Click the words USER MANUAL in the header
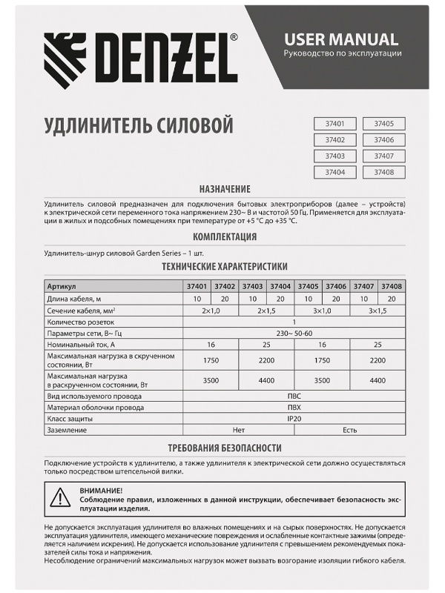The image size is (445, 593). point(342,39)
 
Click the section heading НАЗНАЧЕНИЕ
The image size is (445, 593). point(222,189)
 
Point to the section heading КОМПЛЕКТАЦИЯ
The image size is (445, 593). point(224,237)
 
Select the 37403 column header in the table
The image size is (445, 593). point(252,286)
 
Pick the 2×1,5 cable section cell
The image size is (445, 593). point(266,311)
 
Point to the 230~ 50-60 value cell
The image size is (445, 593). point(294,334)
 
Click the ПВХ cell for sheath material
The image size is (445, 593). point(294,407)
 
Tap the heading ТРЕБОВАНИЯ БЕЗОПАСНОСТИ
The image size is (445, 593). point(224,448)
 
